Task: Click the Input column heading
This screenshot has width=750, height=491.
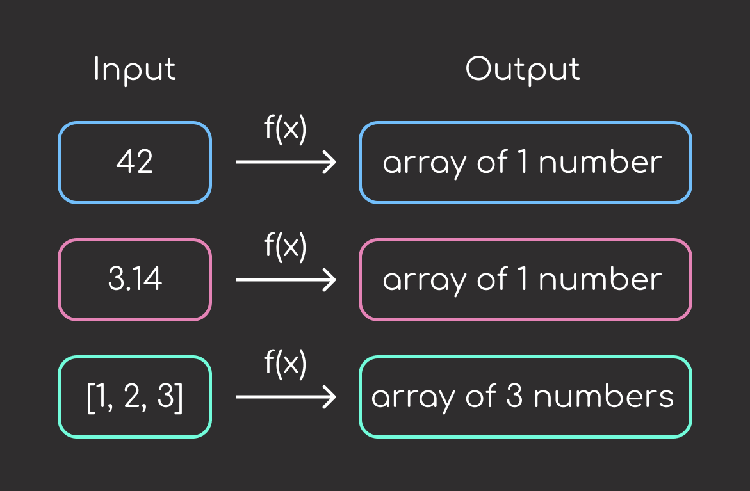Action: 135,70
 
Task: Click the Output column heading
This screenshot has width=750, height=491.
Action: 523,69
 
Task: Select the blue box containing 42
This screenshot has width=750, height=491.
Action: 135,163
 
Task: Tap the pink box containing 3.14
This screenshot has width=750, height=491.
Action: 135,280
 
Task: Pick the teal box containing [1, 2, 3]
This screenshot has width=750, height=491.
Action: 135,397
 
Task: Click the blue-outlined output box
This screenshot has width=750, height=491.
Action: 525,163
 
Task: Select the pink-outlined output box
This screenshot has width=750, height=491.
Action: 525,280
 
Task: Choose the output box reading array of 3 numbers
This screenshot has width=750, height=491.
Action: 525,397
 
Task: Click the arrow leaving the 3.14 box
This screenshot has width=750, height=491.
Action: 286,280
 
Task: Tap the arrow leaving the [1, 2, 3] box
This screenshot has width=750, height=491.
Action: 286,397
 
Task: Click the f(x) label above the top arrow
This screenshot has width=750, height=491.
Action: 286,131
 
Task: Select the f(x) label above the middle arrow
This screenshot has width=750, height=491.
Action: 286,248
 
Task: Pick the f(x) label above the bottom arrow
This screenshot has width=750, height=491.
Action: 286,365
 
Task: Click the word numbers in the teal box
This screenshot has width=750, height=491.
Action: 603,397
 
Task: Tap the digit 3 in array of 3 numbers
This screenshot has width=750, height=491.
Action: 515,397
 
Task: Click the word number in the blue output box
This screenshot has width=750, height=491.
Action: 600,163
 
